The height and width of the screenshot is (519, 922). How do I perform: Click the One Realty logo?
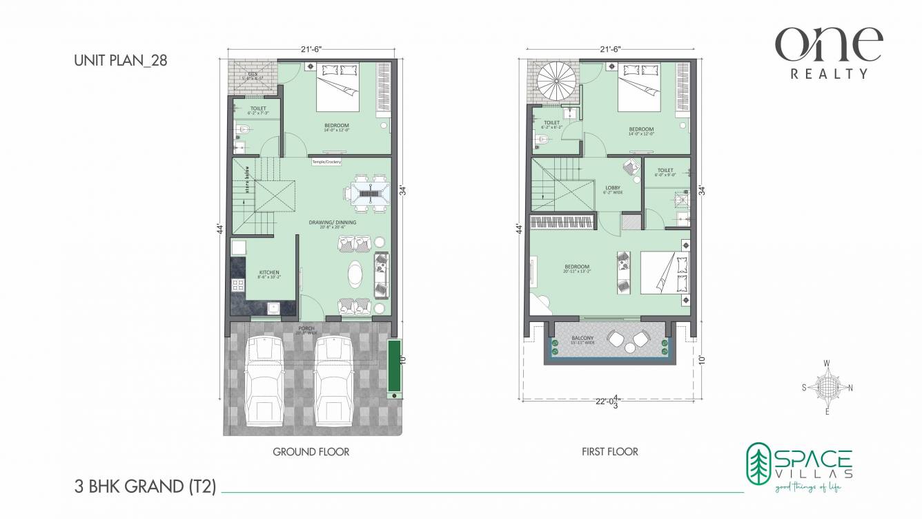tap(828, 52)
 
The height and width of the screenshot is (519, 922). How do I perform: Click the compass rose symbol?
tap(827, 387)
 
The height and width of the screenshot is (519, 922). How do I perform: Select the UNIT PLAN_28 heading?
tap(120, 60)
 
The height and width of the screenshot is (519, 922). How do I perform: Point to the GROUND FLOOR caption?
tap(311, 452)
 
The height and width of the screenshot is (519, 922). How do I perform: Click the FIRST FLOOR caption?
tap(609, 452)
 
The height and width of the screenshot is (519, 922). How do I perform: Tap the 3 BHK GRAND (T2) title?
tap(145, 487)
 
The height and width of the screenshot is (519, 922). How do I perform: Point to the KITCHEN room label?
tap(269, 273)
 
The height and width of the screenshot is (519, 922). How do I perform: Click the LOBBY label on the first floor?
tap(612, 187)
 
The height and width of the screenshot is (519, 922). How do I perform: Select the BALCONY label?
tap(583, 338)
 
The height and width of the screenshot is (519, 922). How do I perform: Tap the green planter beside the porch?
tap(394, 367)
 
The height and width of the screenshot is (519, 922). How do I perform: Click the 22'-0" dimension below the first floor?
tap(607, 400)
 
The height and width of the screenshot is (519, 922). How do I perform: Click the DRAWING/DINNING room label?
tap(333, 223)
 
